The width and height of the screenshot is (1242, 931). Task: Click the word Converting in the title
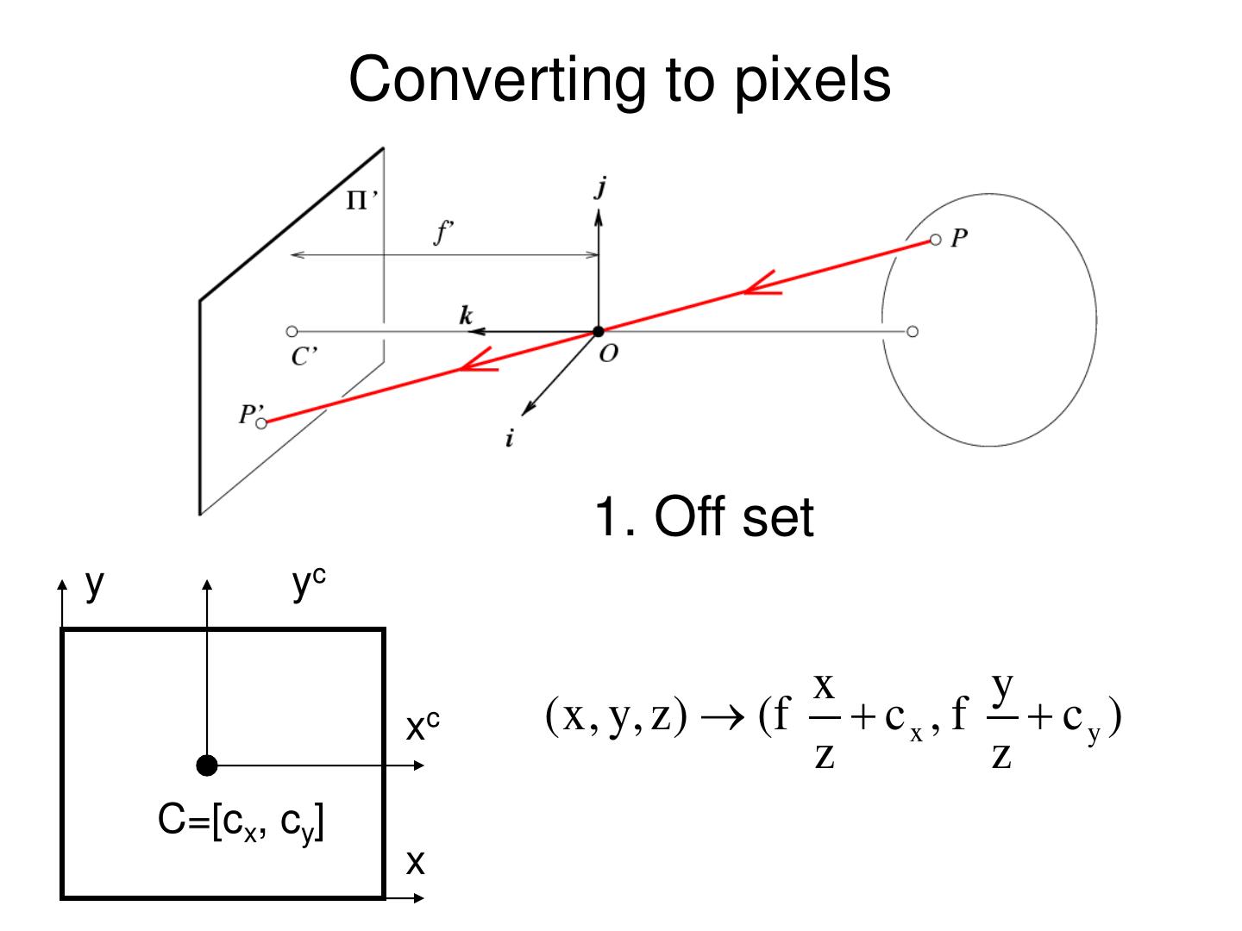(496, 80)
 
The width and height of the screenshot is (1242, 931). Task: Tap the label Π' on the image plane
(361, 201)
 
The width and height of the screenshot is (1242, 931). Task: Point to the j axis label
(600, 186)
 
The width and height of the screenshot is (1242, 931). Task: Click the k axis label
(466, 316)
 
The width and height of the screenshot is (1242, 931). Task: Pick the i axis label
(510, 439)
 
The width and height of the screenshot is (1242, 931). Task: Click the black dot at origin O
(599, 332)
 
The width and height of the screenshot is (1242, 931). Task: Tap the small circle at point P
(936, 240)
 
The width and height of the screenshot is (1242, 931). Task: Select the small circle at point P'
(262, 422)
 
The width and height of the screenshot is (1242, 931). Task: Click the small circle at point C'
(292, 331)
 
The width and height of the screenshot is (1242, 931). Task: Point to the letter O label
(608, 354)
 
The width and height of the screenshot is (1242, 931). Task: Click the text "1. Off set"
(704, 516)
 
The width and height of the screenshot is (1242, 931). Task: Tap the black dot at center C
(207, 765)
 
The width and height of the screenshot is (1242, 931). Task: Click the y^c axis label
(308, 584)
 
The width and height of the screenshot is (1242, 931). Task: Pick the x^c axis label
(423, 727)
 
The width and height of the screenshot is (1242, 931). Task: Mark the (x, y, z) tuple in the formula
(616, 716)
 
